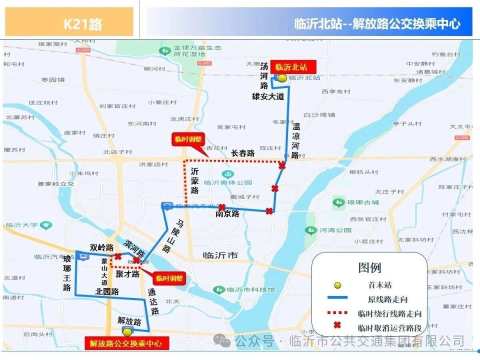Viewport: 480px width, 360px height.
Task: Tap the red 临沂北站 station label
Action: tap(291, 67)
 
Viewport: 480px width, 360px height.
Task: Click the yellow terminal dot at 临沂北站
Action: tap(282, 78)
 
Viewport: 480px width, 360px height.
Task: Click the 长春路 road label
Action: tap(243, 153)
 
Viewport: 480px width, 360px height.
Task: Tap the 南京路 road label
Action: tap(227, 214)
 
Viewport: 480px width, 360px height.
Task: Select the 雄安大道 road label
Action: tap(268, 96)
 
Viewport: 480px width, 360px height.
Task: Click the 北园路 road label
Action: tap(107, 291)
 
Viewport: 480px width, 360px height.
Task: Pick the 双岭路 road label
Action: tap(102, 247)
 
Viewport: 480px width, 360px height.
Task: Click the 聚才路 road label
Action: tap(127, 274)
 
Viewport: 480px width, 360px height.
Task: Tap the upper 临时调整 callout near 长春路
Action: tap(186, 140)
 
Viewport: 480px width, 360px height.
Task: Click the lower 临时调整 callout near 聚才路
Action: tap(168, 278)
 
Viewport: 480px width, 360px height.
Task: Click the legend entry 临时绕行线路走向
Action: tap(390, 314)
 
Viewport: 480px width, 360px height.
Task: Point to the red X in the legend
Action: tap(337, 327)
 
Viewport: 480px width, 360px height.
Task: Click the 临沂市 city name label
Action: tap(220, 255)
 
